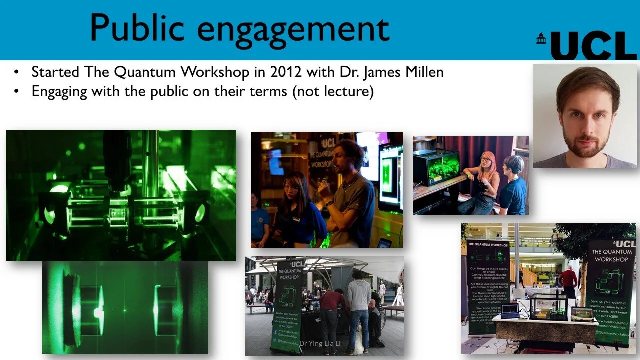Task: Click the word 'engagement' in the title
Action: (293, 29)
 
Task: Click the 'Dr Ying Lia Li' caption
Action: (320, 343)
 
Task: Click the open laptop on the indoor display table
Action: (510, 311)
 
